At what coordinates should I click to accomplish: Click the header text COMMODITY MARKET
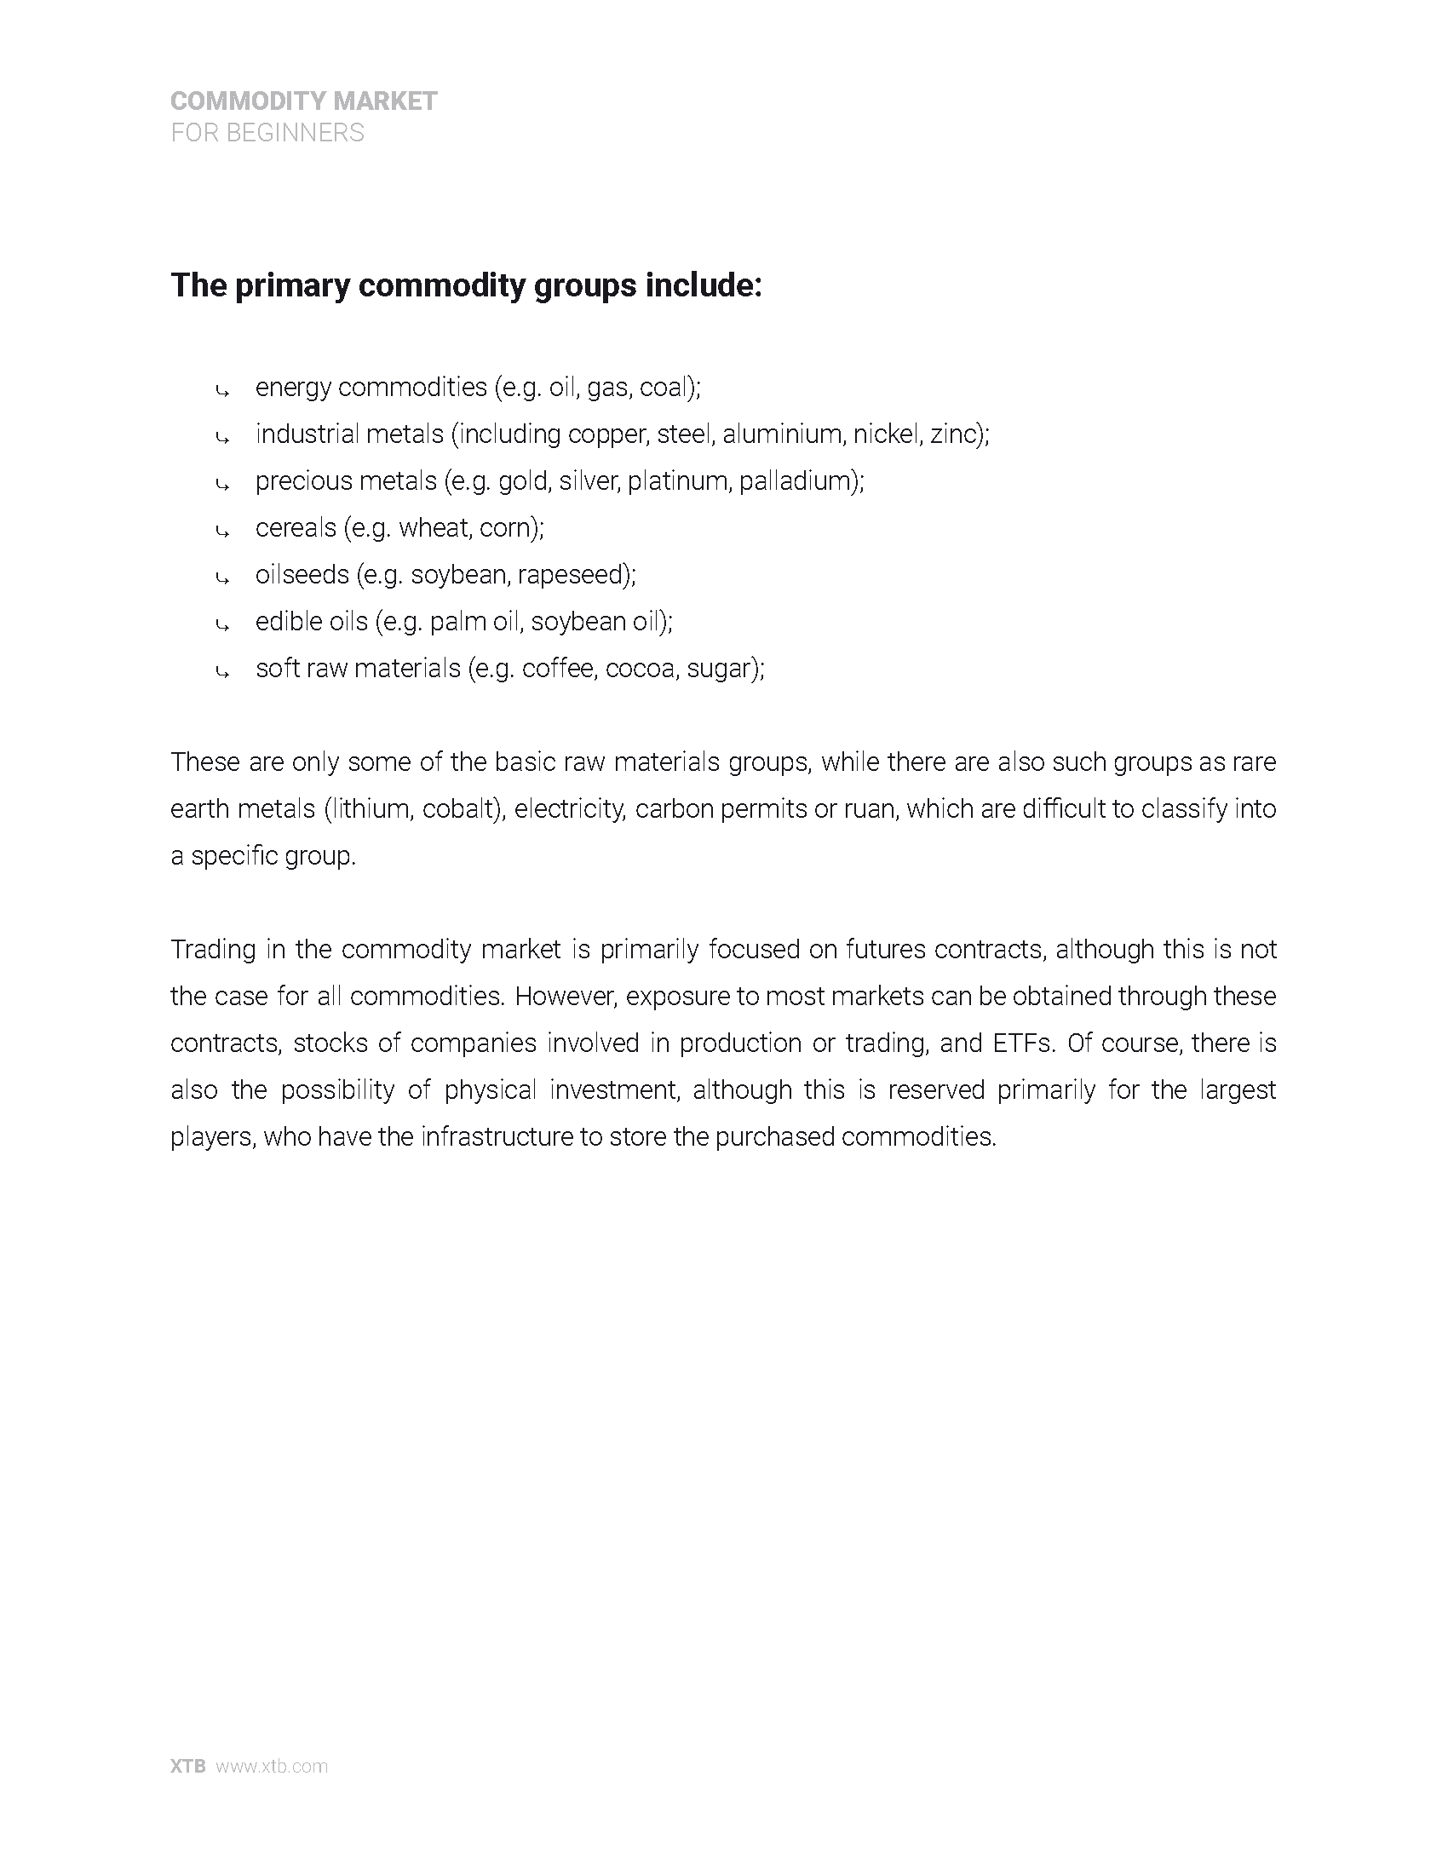pos(304,101)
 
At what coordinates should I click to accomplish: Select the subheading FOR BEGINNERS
pos(267,133)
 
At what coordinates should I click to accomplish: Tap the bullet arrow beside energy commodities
pos(222,391)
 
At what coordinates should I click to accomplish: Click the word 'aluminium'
pos(783,434)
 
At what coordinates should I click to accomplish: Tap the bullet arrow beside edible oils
pos(222,625)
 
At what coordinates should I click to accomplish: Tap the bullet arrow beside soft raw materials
pos(222,673)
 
